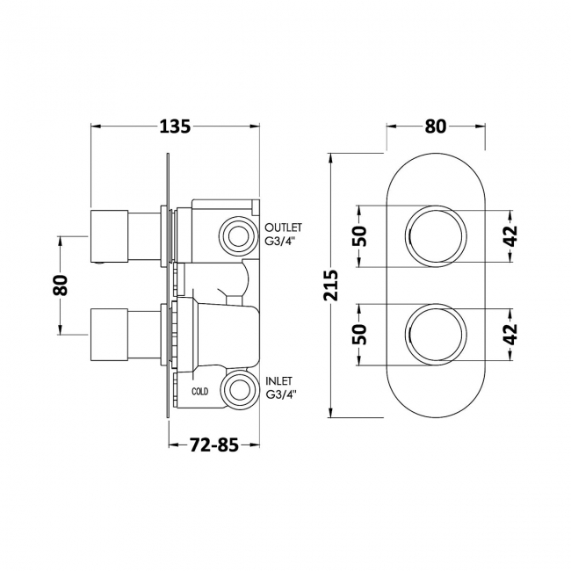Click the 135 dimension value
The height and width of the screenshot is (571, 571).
coord(175,126)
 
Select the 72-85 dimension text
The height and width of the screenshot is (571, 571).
coord(213,445)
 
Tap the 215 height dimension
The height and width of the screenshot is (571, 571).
coord(332,285)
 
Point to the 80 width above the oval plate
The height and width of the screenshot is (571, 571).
coord(436,126)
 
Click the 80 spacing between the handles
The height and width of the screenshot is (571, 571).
coord(61,285)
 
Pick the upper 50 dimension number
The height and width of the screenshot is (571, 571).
coord(360,236)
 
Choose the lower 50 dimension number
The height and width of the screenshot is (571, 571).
coord(360,334)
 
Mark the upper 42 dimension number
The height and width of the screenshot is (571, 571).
coord(511,236)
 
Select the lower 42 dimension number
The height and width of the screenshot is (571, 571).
coord(511,334)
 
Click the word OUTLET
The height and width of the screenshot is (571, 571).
coord(284,228)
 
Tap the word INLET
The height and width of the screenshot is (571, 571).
coord(279,381)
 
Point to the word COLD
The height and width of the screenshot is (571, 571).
coord(200,392)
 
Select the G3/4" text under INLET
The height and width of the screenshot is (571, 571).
coord(281,394)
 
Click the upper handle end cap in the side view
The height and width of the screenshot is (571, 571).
coord(109,236)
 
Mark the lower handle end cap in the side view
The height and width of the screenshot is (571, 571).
coord(109,336)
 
